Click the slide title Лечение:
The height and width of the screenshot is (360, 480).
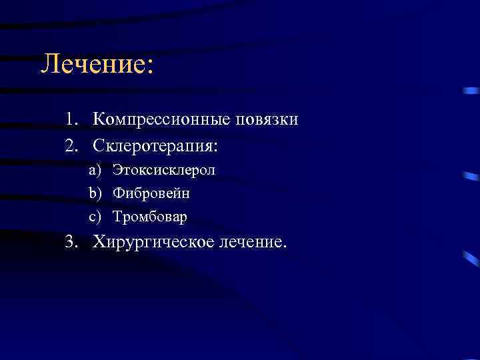(97, 65)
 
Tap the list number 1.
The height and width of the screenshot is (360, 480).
(71, 120)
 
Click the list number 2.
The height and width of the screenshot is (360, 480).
(71, 145)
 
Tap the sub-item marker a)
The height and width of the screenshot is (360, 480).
(94, 171)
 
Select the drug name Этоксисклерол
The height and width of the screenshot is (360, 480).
(164, 171)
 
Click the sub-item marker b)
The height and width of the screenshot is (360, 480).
(94, 194)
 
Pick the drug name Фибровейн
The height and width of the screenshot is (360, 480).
(151, 194)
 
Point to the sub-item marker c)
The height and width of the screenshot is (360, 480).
(94, 217)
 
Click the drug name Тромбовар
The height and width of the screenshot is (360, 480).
(150, 217)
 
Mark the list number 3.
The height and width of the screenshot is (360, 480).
(71, 241)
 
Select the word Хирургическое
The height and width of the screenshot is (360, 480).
(153, 243)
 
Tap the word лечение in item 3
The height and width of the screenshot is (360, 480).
(250, 242)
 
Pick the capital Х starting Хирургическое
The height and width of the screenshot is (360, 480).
(100, 241)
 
